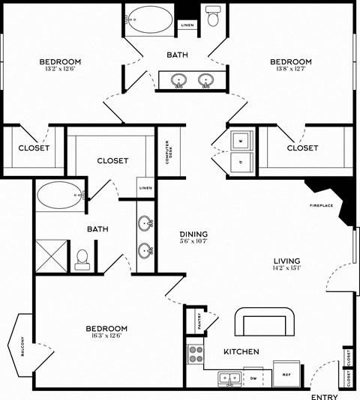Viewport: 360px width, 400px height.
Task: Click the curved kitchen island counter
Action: [x=264, y=323]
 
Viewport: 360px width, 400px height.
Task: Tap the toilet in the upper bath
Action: [x=212, y=16]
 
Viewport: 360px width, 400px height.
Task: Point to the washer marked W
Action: [x=241, y=139]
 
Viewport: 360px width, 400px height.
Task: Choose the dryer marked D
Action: [x=241, y=160]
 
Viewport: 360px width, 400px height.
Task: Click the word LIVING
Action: [x=287, y=261]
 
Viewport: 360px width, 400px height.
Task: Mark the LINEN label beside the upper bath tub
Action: [x=187, y=25]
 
